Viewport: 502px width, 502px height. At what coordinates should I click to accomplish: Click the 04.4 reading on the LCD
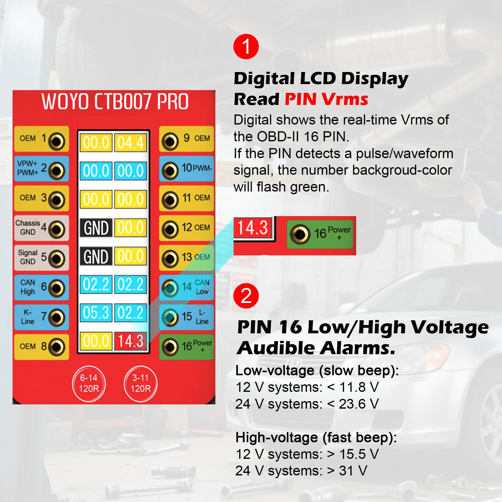(130, 142)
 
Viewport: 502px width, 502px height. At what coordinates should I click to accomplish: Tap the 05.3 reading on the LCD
(96, 312)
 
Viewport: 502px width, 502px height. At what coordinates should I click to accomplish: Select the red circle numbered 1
(246, 46)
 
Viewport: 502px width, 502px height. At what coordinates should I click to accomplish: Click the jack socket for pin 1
(57, 141)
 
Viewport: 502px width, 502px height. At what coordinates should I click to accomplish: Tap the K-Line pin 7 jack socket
(57, 318)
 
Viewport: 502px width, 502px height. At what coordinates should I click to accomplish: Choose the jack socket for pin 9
(170, 141)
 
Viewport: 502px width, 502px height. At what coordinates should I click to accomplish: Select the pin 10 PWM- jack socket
(170, 170)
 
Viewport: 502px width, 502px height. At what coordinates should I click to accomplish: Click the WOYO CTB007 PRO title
(115, 101)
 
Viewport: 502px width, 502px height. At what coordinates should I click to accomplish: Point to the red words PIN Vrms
(326, 99)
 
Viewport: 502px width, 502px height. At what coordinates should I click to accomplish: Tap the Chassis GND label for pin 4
(28, 227)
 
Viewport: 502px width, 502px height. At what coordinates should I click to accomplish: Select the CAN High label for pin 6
(28, 287)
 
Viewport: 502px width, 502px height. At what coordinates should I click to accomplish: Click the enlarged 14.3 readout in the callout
(253, 228)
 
